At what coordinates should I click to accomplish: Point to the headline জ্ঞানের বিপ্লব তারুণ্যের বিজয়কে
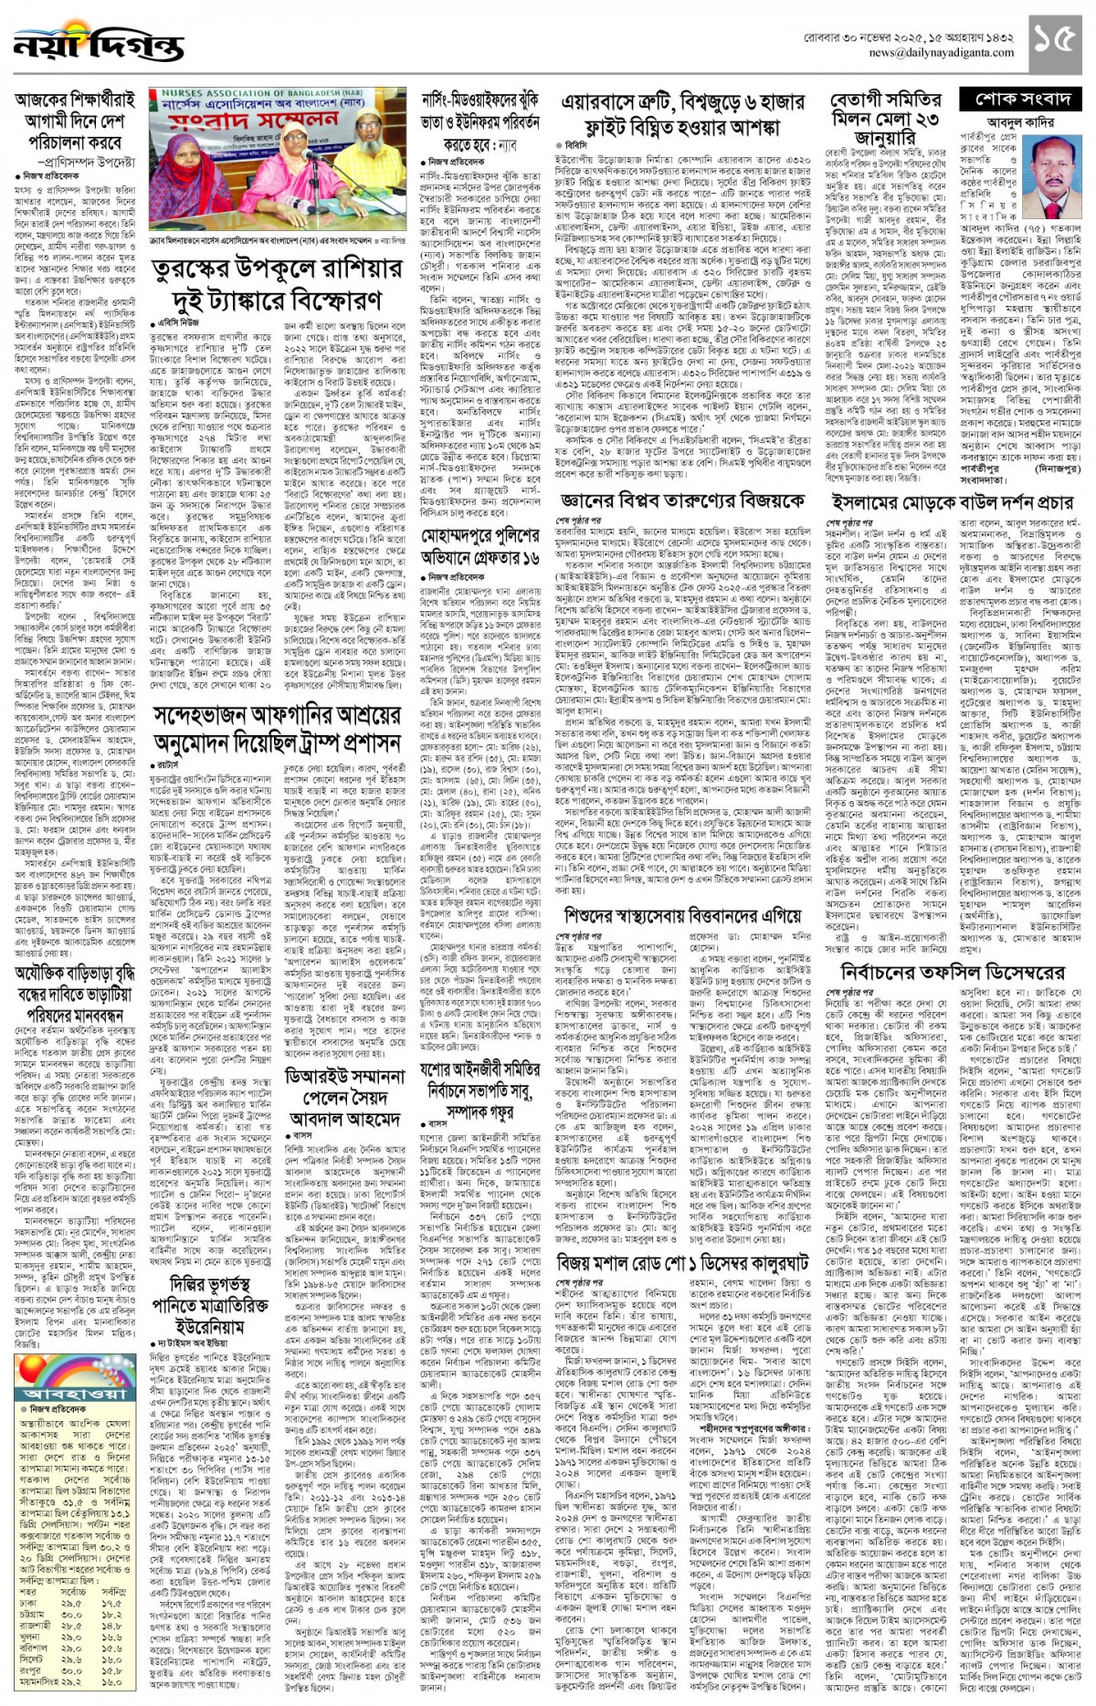(682, 501)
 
